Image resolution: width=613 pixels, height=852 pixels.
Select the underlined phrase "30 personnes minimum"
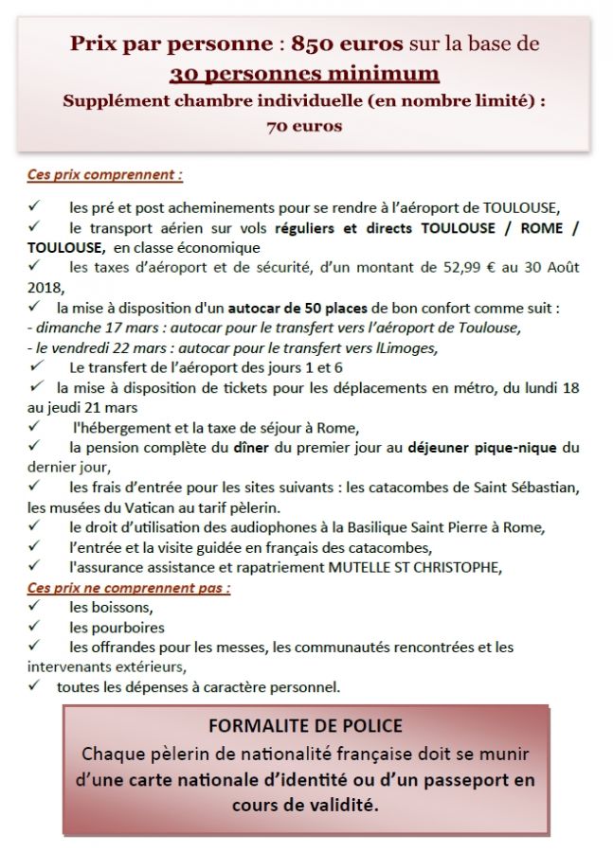(x=304, y=74)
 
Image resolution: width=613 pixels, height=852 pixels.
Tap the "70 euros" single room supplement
(x=304, y=124)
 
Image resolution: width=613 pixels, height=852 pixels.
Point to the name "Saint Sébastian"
(x=527, y=488)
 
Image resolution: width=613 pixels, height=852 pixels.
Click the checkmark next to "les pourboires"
(x=34, y=627)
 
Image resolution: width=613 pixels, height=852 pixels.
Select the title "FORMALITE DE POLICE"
(x=305, y=726)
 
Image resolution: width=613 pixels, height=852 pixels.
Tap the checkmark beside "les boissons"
(x=34, y=607)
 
